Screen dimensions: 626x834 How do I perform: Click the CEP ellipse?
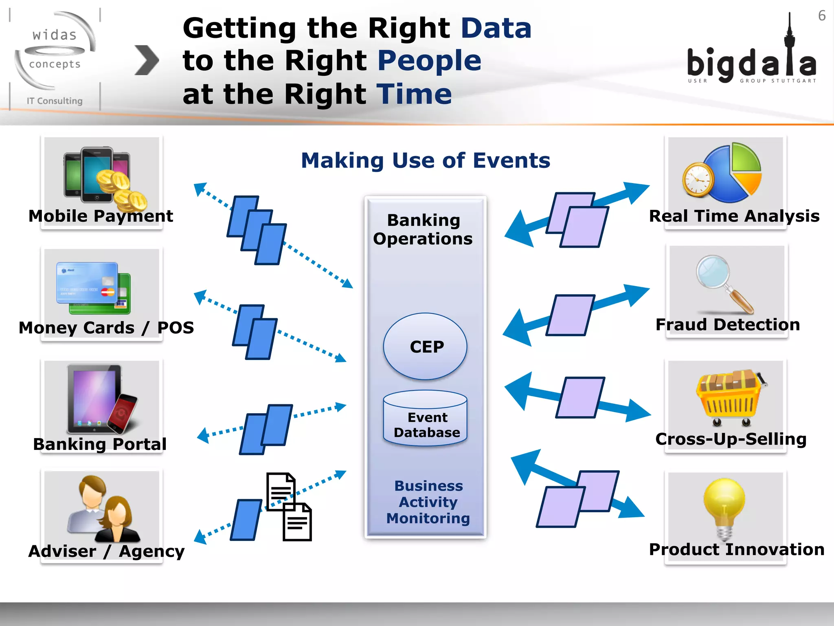(x=425, y=346)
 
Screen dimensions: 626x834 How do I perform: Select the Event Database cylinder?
(x=425, y=420)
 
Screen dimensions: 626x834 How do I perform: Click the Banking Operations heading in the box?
(x=423, y=229)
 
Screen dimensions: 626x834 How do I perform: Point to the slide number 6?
(x=822, y=16)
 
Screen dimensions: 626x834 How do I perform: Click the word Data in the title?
(x=496, y=28)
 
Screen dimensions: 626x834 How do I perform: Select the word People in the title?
(x=429, y=61)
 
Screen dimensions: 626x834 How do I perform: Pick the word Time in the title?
(x=414, y=94)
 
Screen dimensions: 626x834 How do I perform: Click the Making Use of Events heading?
(x=426, y=160)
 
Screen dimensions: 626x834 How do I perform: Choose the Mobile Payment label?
(x=101, y=216)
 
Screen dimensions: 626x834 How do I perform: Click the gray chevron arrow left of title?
(x=146, y=60)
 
